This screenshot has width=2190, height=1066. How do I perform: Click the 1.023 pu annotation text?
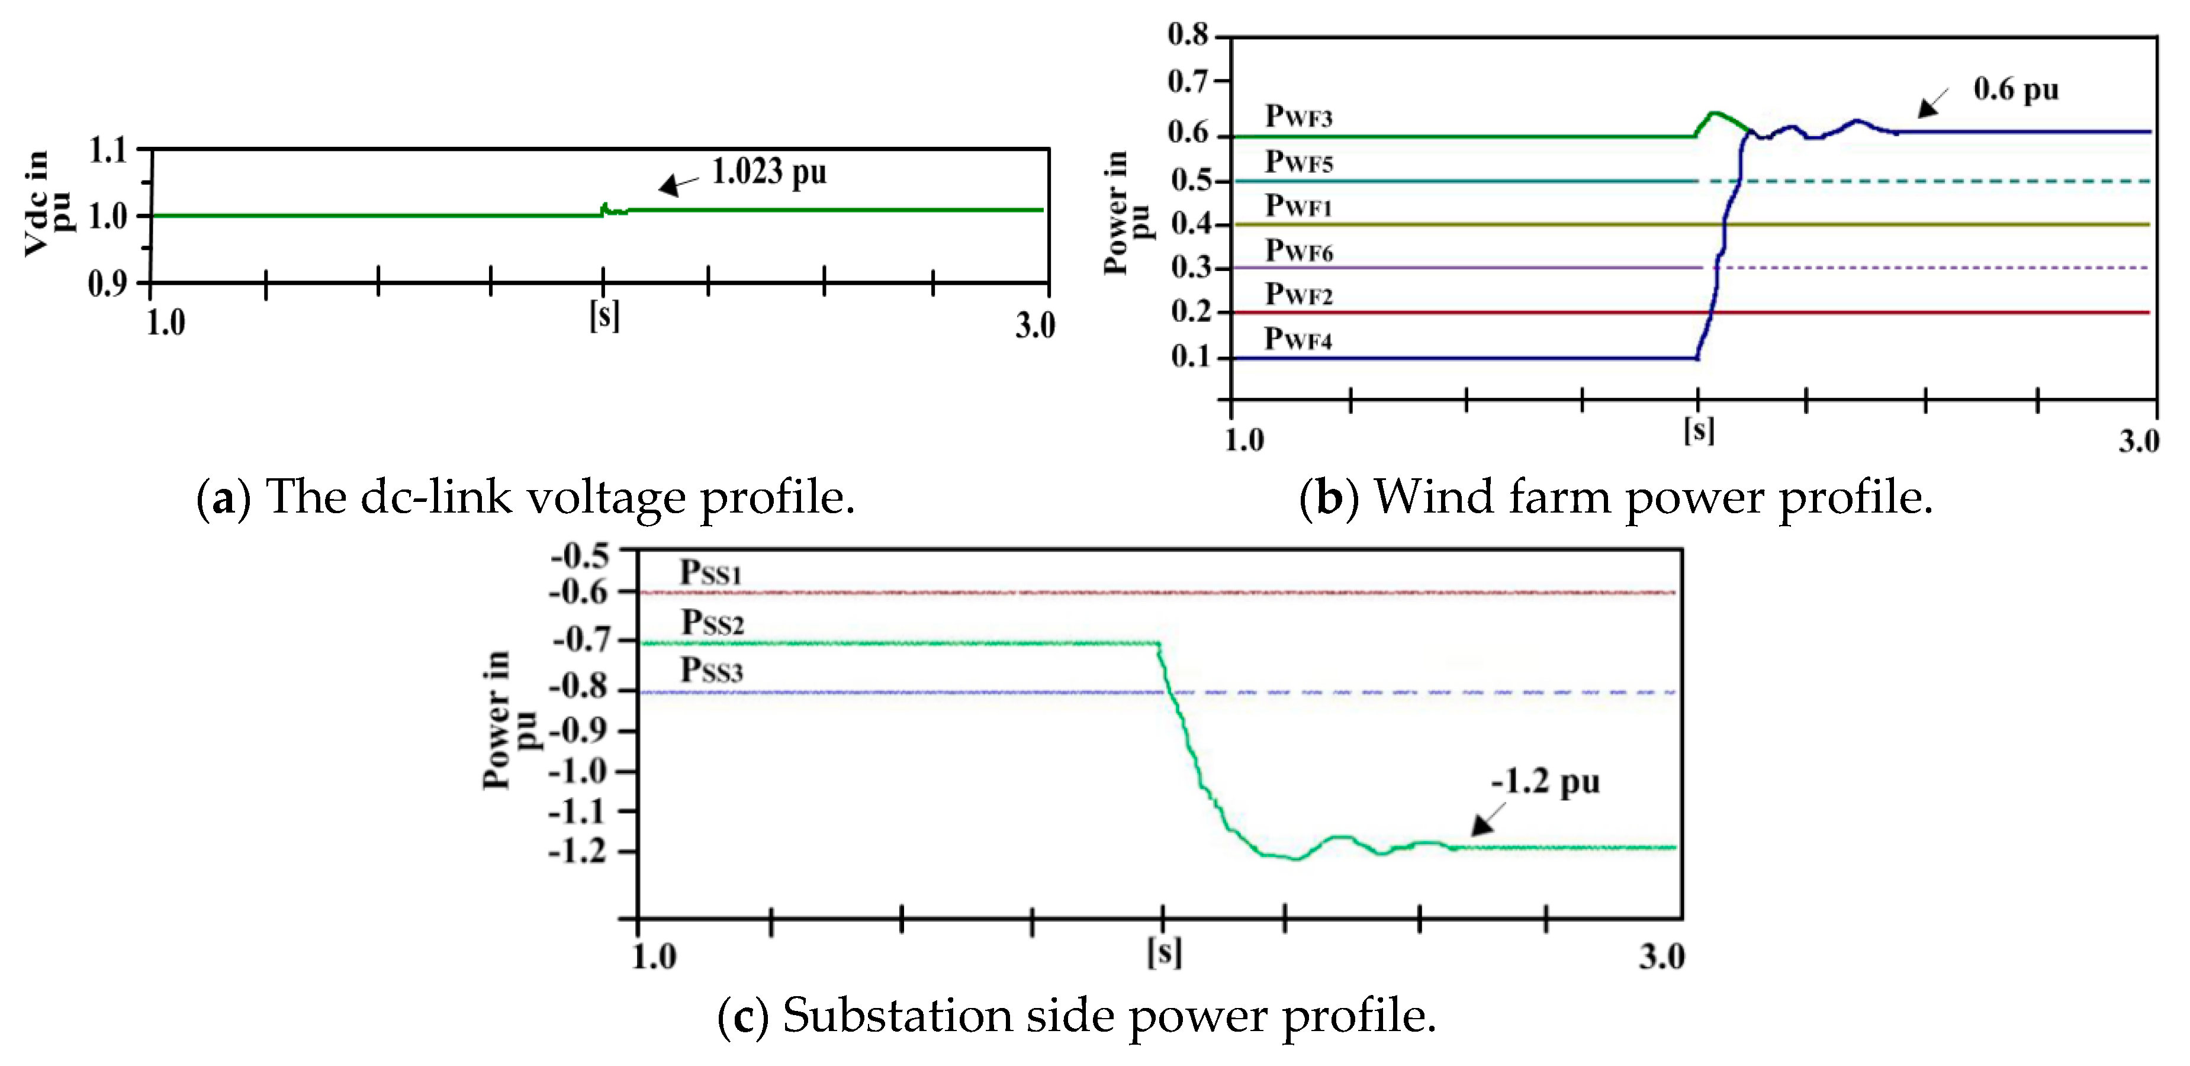768,173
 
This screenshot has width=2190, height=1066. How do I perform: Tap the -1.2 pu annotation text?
1545,782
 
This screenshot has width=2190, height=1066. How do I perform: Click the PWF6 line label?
1298,251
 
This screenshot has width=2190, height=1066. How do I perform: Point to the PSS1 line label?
710,573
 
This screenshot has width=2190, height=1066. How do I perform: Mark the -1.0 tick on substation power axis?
580,771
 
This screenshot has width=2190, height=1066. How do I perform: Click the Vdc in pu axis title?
47,203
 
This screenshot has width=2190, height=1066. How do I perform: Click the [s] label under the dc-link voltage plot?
604,315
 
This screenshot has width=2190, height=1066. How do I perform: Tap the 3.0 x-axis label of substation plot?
1661,957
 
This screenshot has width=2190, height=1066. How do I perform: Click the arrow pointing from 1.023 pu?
678,185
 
